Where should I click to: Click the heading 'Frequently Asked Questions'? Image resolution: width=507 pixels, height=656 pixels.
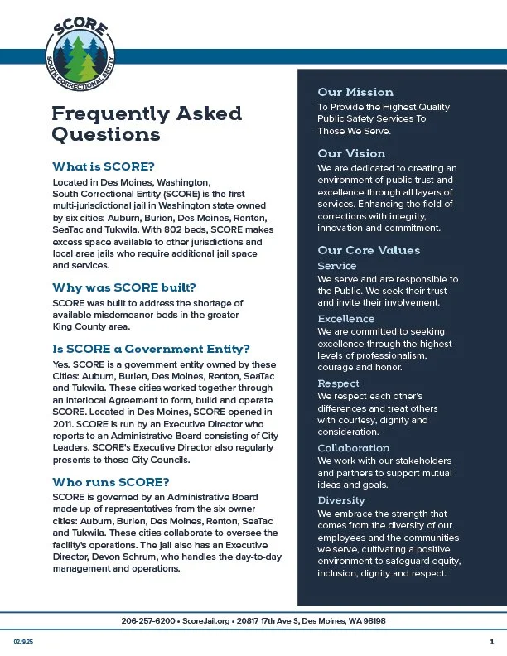click(x=147, y=123)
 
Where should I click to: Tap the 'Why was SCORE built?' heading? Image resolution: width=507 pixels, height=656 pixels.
click(x=123, y=287)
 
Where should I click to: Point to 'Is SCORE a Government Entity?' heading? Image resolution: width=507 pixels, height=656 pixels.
click(x=151, y=348)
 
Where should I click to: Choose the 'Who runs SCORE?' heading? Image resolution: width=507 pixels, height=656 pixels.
click(x=111, y=481)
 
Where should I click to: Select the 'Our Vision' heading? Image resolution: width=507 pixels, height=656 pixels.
click(x=351, y=153)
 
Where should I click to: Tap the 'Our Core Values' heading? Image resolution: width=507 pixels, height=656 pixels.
click(x=369, y=250)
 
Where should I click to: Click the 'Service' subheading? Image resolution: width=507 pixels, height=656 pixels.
click(x=337, y=266)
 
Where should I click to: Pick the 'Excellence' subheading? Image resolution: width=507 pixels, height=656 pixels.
click(x=346, y=319)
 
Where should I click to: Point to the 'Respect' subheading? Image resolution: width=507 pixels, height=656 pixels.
click(x=339, y=383)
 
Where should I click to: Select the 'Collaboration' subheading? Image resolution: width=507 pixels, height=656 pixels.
click(x=354, y=448)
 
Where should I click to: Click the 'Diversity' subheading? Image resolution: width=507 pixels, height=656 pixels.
click(x=341, y=500)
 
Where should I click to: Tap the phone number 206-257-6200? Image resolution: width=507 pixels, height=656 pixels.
click(x=148, y=621)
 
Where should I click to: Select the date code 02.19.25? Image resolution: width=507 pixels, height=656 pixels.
click(x=22, y=642)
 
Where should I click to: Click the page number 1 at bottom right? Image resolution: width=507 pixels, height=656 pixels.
click(x=491, y=642)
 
